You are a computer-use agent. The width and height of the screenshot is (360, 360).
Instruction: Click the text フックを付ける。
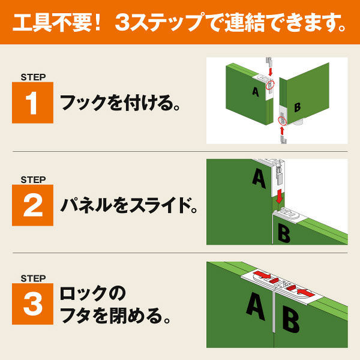[x=120, y=103]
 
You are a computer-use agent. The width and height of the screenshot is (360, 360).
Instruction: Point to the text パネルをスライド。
[x=128, y=206]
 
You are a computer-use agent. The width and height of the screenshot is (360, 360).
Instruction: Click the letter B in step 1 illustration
[x=298, y=108]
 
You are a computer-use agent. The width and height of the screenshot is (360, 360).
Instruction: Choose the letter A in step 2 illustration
[x=259, y=178]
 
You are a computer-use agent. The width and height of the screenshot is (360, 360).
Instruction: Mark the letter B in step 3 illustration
[x=290, y=320]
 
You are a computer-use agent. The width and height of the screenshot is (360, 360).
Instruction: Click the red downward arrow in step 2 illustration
[x=280, y=194]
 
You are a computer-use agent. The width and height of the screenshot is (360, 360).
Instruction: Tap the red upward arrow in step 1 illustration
[x=281, y=130]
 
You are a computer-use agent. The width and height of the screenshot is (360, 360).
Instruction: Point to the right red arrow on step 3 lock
[x=301, y=292]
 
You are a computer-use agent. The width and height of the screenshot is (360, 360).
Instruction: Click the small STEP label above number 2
[x=32, y=179]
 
